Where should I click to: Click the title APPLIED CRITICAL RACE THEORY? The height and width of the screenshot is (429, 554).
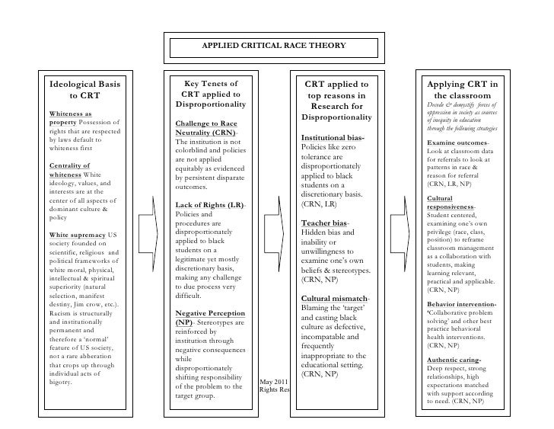click(273, 46)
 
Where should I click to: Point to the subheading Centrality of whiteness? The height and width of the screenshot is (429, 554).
click(68, 170)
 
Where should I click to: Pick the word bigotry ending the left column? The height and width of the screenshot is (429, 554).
click(60, 382)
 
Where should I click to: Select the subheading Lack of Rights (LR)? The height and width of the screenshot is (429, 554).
click(210, 205)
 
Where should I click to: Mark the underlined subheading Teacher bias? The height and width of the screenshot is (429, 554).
click(326, 224)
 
